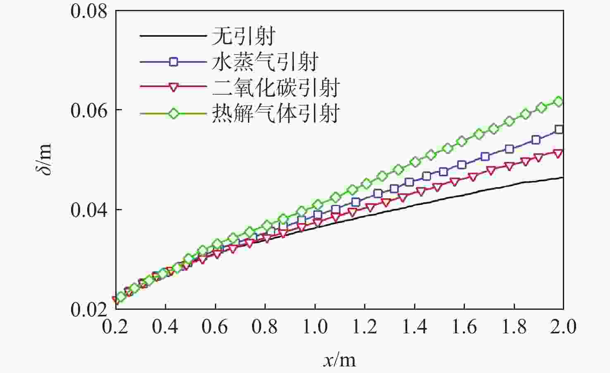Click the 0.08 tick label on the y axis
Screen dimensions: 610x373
point(88,12)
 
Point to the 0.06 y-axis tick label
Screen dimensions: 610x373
point(88,112)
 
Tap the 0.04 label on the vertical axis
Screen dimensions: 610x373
point(88,211)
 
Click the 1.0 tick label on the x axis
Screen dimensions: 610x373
point(315,326)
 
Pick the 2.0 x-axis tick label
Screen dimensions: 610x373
point(563,326)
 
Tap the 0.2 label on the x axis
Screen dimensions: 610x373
point(115,326)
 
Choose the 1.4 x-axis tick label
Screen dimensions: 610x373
point(415,326)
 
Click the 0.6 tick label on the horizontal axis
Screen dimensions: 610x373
point(215,326)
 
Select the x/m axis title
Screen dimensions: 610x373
point(340,360)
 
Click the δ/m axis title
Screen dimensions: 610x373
point(44,159)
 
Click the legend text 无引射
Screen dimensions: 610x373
point(243,36)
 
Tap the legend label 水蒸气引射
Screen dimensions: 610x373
point(264,62)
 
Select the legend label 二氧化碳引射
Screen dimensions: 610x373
point(276,88)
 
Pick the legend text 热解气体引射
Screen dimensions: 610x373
point(276,113)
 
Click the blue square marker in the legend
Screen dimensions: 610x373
point(174,62)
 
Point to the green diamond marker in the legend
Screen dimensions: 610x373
point(174,114)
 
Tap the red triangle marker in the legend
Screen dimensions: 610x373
point(174,88)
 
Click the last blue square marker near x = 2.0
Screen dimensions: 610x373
point(559,129)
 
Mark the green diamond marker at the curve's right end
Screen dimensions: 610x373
point(558,102)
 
